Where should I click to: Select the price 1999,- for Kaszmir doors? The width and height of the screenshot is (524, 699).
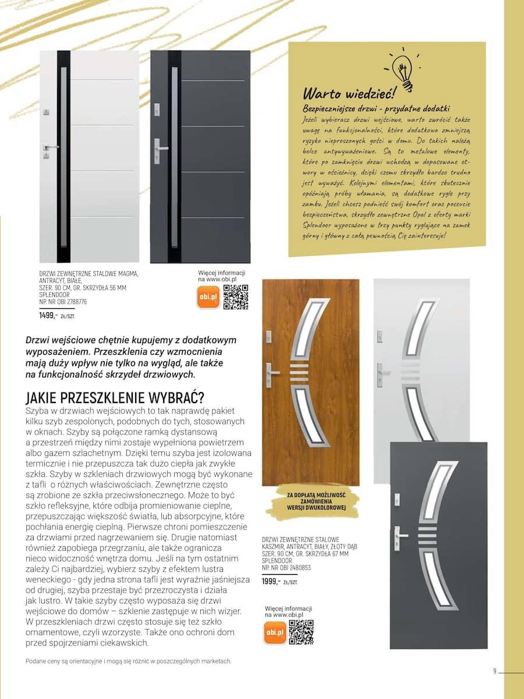tap(271, 581)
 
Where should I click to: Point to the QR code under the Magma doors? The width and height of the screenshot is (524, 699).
tap(236, 296)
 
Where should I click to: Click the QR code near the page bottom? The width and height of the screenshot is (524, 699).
tap(301, 632)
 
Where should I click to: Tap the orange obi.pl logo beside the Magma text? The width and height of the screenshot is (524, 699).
tap(208, 297)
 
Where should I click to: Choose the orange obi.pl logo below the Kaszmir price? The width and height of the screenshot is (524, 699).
tap(275, 633)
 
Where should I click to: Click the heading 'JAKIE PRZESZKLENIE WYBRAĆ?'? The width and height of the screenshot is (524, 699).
tap(115, 399)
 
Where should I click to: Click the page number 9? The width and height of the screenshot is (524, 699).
tap(494, 670)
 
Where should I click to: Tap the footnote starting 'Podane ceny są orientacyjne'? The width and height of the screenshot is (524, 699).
tap(129, 661)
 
